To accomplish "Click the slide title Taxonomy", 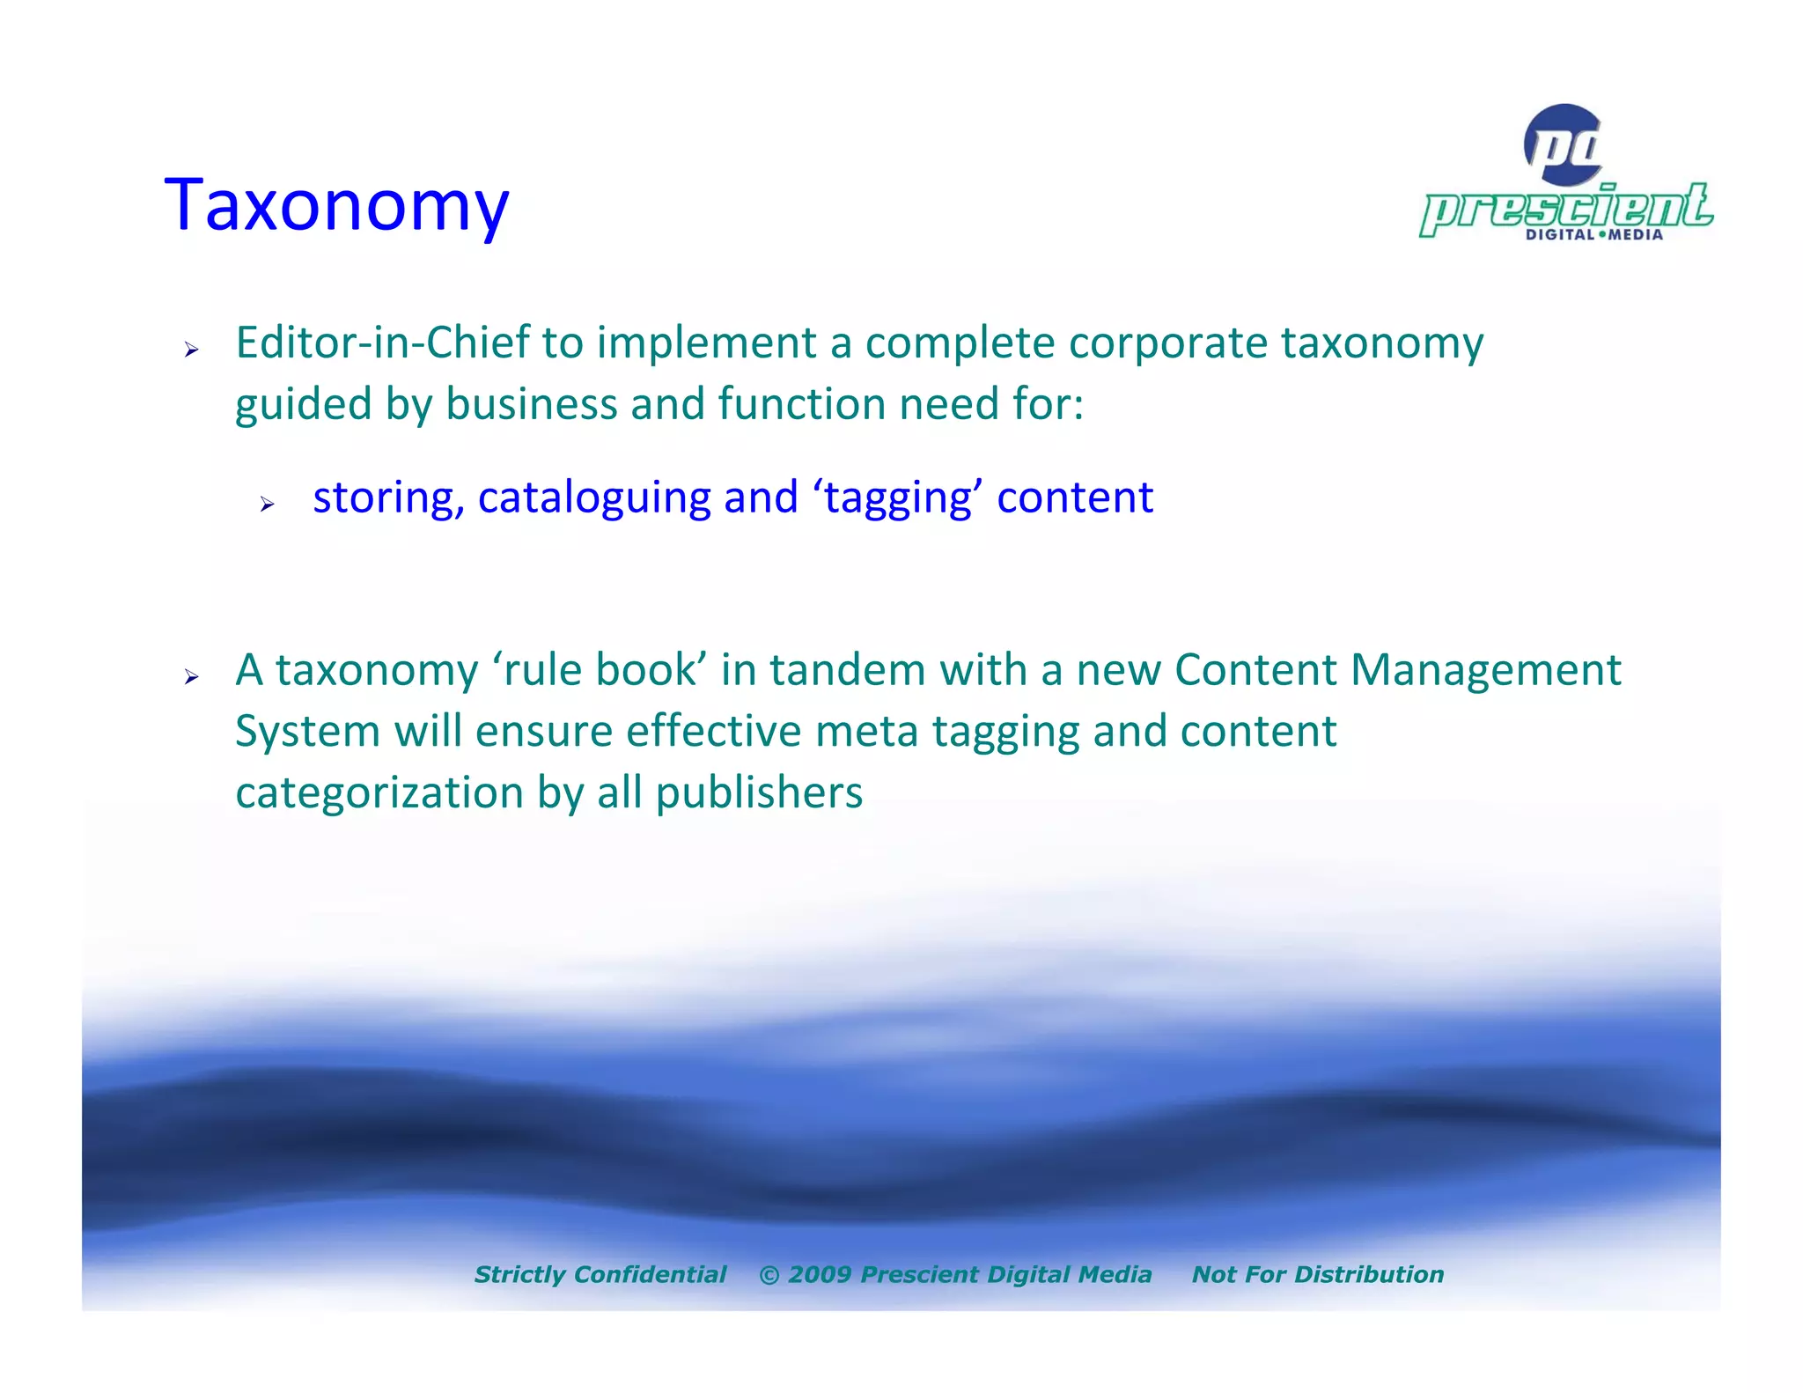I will click(336, 204).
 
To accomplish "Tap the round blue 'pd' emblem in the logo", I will click(1564, 144).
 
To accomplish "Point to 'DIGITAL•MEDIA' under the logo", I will click(1593, 234).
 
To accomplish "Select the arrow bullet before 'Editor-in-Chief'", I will click(191, 350).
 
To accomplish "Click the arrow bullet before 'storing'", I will click(268, 505).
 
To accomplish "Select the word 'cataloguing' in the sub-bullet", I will click(593, 497).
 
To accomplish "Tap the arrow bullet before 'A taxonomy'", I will click(191, 677).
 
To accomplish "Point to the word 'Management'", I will click(1485, 670).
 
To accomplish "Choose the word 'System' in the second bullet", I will click(307, 731).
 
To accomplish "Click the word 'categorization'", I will click(379, 792).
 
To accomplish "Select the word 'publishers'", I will click(759, 792).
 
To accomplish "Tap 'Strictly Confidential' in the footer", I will click(600, 1274).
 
